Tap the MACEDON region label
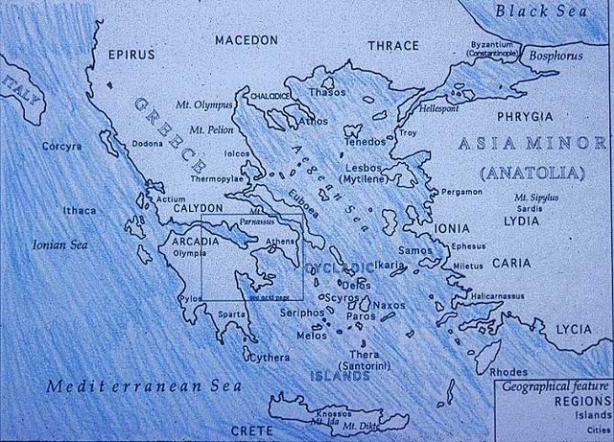[246, 40]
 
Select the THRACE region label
[393, 45]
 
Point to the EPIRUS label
[131, 55]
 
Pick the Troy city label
[409, 132]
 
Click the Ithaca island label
[80, 211]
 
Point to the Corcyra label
[61, 147]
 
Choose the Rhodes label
[508, 372]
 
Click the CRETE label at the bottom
[251, 430]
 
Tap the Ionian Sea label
[59, 244]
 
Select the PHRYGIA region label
[526, 116]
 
